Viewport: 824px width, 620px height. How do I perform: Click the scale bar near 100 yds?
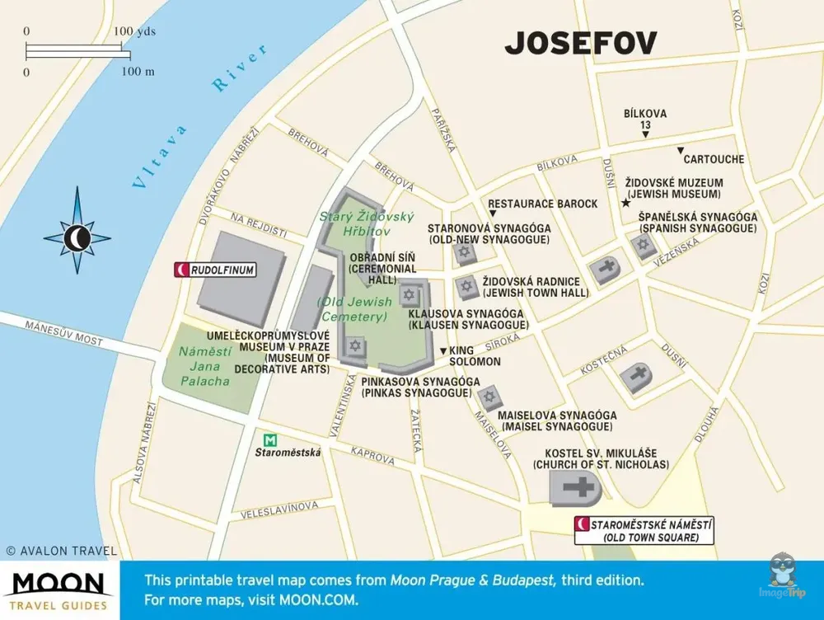point(77,54)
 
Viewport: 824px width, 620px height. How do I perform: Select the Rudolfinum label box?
point(216,270)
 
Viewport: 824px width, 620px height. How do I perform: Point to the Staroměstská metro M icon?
point(268,440)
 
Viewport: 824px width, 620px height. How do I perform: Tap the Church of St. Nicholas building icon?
point(575,488)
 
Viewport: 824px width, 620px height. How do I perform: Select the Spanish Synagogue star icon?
point(642,245)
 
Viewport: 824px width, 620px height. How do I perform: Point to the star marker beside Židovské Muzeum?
point(625,203)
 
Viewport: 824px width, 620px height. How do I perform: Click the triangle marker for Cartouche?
point(680,150)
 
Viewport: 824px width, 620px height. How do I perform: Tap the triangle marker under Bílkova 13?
point(645,134)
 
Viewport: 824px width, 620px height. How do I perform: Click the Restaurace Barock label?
point(543,204)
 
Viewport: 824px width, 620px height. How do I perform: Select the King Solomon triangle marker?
point(443,351)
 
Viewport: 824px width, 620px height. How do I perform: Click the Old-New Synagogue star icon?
point(463,255)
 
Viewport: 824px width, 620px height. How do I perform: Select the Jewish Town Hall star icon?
point(467,287)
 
